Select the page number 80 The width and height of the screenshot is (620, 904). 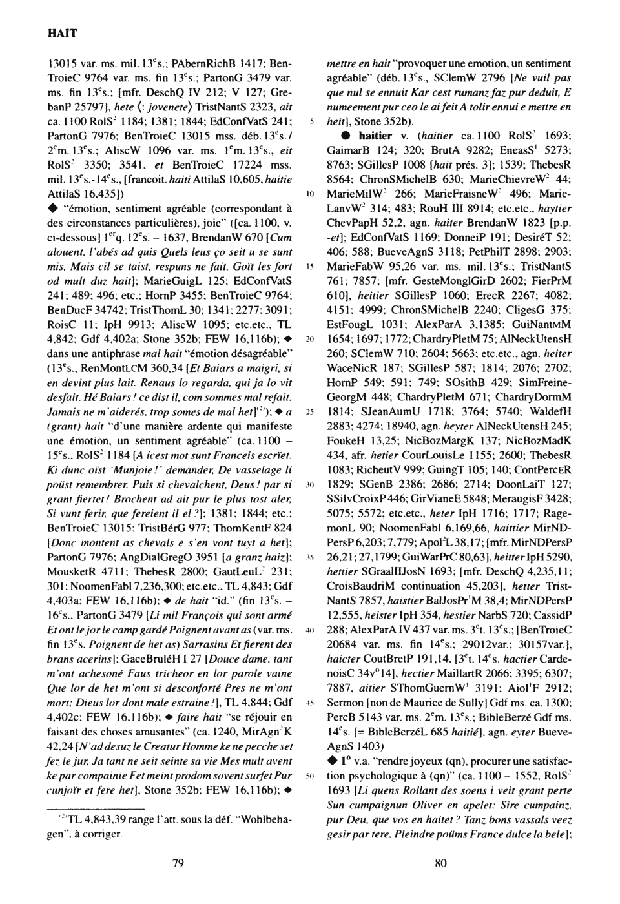(x=442, y=863)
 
